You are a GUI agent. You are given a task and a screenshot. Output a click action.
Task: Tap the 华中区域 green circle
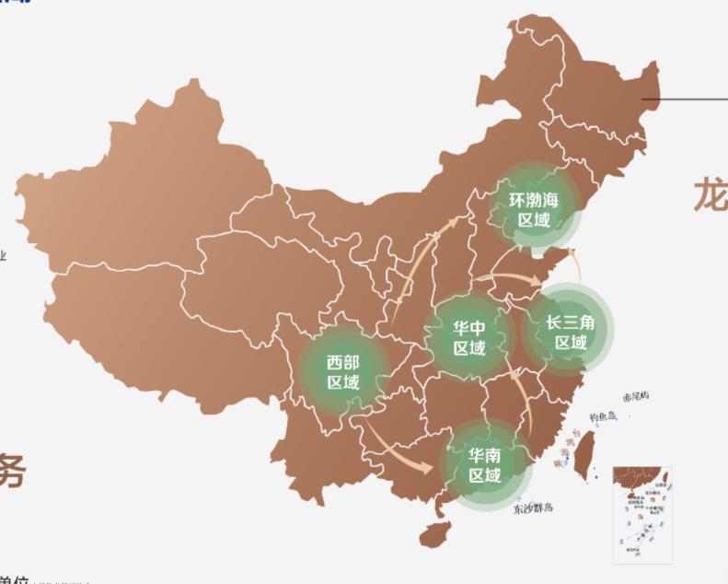469,338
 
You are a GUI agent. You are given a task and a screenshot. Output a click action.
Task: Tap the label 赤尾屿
635,396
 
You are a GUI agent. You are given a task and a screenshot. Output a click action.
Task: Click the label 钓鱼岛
602,416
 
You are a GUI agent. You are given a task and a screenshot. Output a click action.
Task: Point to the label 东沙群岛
533,508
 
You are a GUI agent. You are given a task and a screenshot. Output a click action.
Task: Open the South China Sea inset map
643,512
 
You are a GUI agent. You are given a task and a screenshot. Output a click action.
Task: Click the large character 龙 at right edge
711,194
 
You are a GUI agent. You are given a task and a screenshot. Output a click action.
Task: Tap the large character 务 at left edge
11,470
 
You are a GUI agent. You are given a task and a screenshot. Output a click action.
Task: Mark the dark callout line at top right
685,99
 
